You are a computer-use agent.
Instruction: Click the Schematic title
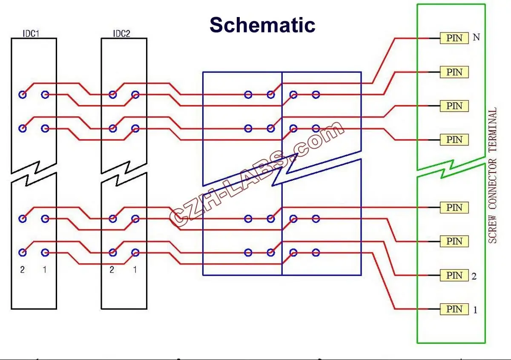click(262, 25)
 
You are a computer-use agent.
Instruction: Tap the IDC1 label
click(31, 34)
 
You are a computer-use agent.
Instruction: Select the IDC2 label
click(122, 34)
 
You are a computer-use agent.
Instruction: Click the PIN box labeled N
click(454, 38)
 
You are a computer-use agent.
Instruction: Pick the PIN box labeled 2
click(454, 275)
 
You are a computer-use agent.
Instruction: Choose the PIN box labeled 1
click(454, 309)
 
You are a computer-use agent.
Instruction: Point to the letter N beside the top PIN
click(477, 37)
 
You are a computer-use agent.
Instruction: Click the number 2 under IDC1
click(23, 270)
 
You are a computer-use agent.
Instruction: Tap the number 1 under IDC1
click(45, 270)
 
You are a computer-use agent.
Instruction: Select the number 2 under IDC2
click(112, 270)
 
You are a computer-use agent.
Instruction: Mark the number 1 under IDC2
click(135, 270)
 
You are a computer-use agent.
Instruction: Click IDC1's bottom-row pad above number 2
click(23, 253)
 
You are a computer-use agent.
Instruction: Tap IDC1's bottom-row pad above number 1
click(45, 253)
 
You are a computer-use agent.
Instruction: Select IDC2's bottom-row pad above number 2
click(112, 253)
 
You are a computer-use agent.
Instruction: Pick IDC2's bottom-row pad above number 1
click(135, 253)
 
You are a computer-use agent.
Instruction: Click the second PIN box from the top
click(454, 72)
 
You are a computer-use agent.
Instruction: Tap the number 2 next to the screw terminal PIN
click(474, 276)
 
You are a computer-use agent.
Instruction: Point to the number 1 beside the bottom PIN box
click(475, 310)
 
